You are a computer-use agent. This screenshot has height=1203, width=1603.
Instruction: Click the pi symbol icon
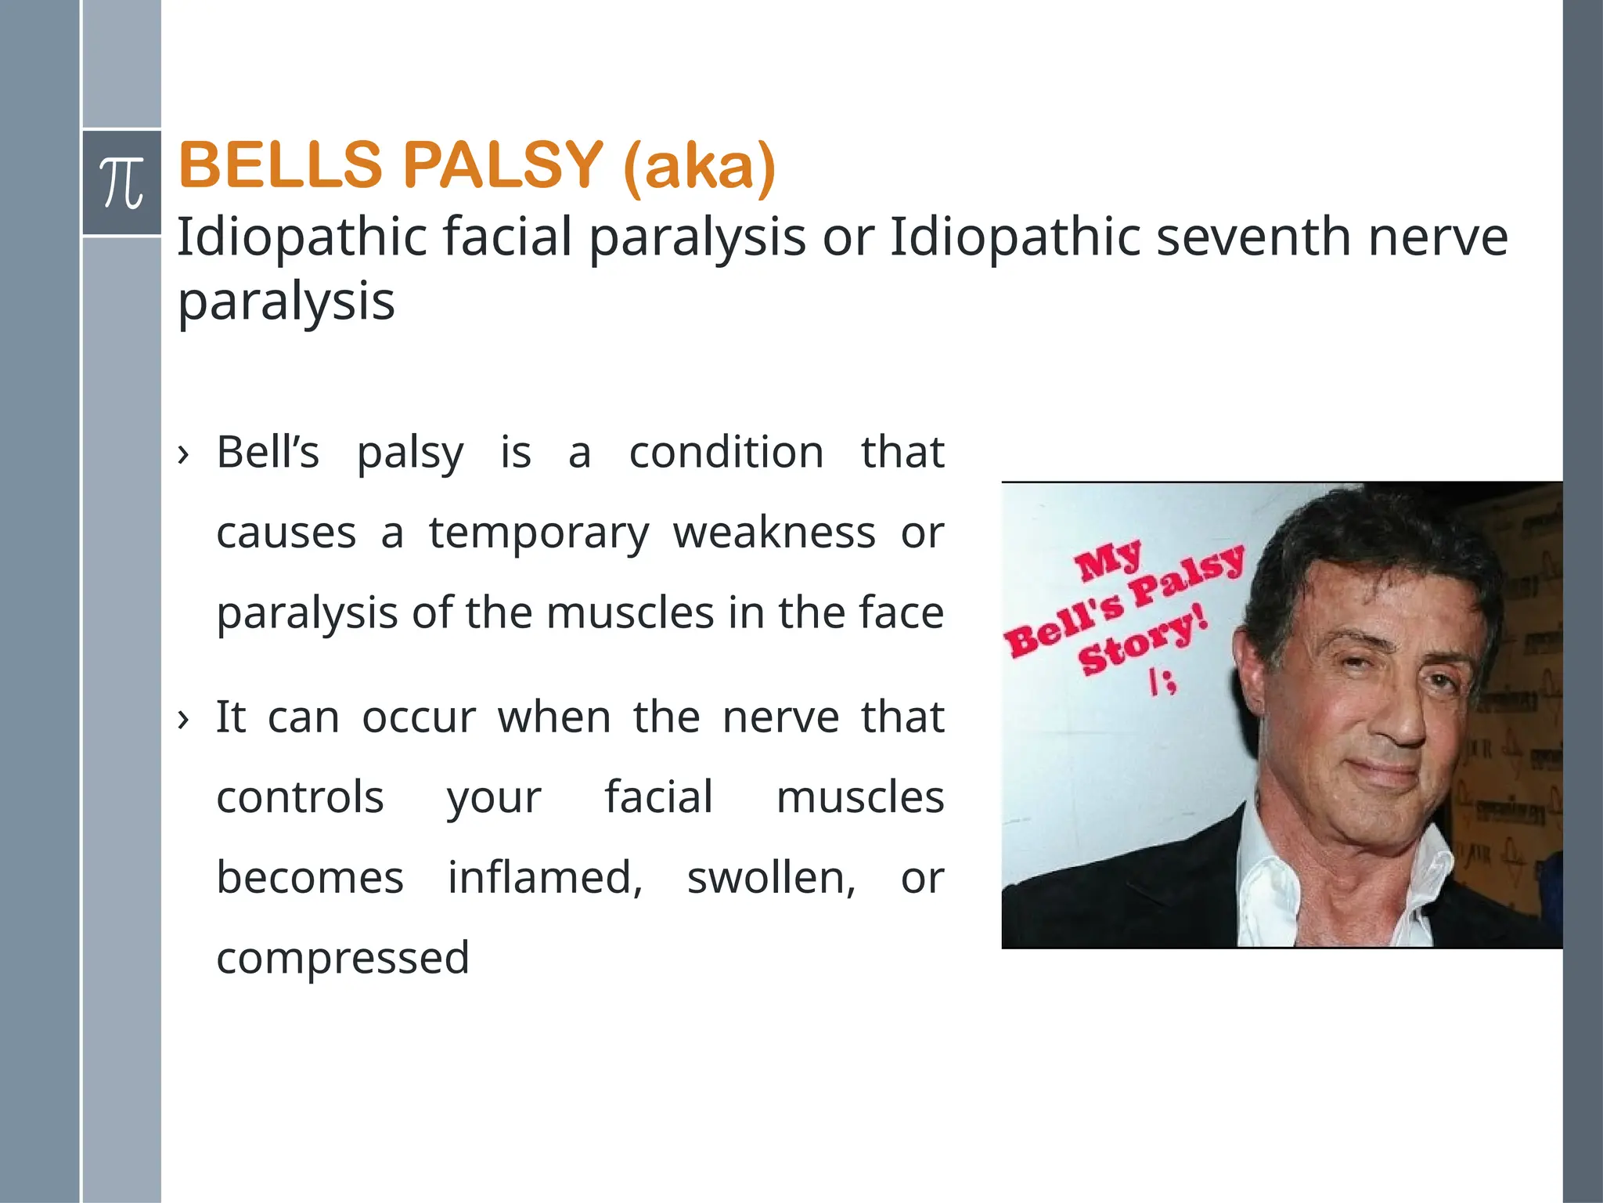pos(122,183)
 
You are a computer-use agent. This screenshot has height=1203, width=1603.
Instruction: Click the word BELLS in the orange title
pos(279,165)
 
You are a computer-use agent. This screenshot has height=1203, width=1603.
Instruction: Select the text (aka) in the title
pos(699,167)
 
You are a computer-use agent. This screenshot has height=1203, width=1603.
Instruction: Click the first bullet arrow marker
pos(183,453)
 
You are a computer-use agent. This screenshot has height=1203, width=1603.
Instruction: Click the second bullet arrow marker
pos(183,718)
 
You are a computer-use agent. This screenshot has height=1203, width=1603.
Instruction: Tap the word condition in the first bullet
pos(726,453)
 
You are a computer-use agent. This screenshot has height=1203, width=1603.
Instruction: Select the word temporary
pos(539,534)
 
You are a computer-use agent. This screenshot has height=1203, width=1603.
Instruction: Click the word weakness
pos(774,533)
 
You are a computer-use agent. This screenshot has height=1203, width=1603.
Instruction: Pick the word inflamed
pos(545,877)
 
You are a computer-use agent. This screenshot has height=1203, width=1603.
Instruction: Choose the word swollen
pos(771,877)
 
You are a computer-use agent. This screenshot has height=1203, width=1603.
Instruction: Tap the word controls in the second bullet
pos(300,797)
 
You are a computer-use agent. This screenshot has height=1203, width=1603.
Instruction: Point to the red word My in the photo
pos(1108,562)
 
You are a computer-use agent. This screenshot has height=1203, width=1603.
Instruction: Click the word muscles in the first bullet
pos(630,612)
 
